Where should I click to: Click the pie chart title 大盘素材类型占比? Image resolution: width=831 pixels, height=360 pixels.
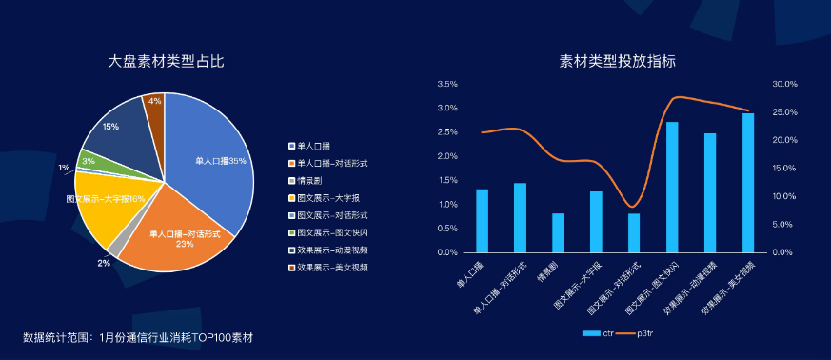pyautogui.click(x=166, y=62)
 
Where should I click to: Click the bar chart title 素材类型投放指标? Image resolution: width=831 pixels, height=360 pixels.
pyautogui.click(x=618, y=62)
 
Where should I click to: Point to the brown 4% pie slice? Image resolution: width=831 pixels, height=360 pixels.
pyautogui.click(x=154, y=105)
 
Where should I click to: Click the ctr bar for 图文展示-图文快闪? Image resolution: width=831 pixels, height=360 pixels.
pyautogui.click(x=672, y=188)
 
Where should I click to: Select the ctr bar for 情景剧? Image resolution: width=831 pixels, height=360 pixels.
pyautogui.click(x=558, y=233)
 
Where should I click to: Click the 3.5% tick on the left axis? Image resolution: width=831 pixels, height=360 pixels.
pyautogui.click(x=446, y=84)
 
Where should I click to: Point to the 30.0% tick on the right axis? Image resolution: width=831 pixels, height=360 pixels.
pyautogui.click(x=784, y=84)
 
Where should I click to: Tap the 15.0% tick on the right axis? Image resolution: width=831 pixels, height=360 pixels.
pyautogui.click(x=784, y=169)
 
